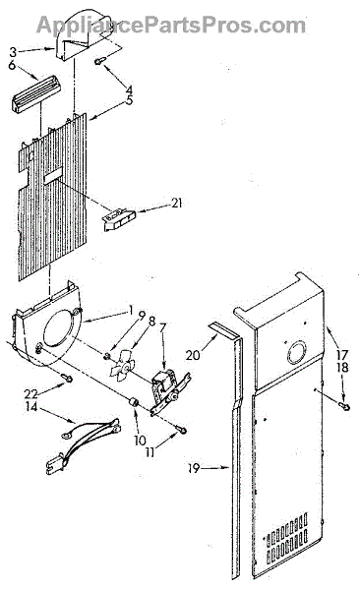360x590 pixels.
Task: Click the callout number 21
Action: [176, 204]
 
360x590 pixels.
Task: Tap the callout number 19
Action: [194, 468]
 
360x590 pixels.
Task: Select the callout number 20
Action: [193, 354]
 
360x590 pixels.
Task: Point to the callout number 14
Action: [32, 407]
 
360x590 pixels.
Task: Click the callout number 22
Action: [31, 394]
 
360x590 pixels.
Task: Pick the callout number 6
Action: [13, 65]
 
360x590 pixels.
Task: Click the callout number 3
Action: [13, 51]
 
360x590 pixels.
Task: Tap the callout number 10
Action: [140, 441]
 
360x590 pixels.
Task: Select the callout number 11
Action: [150, 452]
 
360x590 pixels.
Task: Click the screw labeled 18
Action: [343, 405]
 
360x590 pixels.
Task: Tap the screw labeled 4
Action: [100, 61]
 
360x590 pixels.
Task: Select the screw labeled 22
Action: [68, 378]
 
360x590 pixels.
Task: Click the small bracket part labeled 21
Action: [119, 219]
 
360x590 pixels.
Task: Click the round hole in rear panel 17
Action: [296, 353]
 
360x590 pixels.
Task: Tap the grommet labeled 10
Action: [134, 402]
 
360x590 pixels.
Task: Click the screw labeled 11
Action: [182, 429]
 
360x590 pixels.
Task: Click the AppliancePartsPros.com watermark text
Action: [171, 26]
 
